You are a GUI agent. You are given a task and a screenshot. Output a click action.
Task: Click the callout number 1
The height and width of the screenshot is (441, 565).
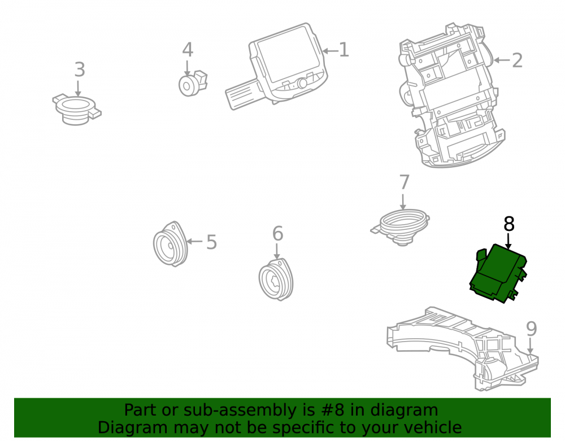pyautogui.click(x=344, y=50)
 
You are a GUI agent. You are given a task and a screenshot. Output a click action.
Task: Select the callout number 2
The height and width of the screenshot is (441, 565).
pyautogui.click(x=517, y=60)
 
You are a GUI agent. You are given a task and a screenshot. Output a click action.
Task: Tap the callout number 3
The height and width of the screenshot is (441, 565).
pyautogui.click(x=80, y=69)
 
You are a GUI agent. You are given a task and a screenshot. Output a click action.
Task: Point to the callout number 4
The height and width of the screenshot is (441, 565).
pyautogui.click(x=188, y=50)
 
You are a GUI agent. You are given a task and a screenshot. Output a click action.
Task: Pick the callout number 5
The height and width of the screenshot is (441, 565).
pyautogui.click(x=211, y=242)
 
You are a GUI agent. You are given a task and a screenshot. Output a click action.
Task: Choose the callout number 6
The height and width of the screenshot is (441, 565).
pyautogui.click(x=277, y=233)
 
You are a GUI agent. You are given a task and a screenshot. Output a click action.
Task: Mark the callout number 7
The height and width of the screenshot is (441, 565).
pyautogui.click(x=405, y=182)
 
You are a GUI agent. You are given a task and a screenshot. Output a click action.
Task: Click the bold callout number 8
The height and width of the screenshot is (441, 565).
pyautogui.click(x=509, y=224)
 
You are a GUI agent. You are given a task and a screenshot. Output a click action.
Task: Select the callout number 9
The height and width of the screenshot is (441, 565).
pyautogui.click(x=532, y=328)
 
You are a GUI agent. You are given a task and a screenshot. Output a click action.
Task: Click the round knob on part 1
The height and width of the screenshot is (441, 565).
pyautogui.click(x=302, y=83)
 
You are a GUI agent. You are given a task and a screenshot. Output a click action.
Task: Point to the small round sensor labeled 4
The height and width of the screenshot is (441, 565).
pyautogui.click(x=193, y=84)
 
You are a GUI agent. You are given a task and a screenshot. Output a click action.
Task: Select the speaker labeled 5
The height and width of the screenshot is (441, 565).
pyautogui.click(x=170, y=244)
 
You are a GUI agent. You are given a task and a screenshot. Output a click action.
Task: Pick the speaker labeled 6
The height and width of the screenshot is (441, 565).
pyautogui.click(x=276, y=280)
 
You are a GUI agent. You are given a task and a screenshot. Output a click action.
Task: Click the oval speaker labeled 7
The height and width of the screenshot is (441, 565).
pyautogui.click(x=401, y=227)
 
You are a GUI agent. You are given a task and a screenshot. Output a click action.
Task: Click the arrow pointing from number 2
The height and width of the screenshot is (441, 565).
pyautogui.click(x=502, y=60)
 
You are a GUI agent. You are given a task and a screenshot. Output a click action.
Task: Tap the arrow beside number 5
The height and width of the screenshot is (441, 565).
pyautogui.click(x=195, y=241)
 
